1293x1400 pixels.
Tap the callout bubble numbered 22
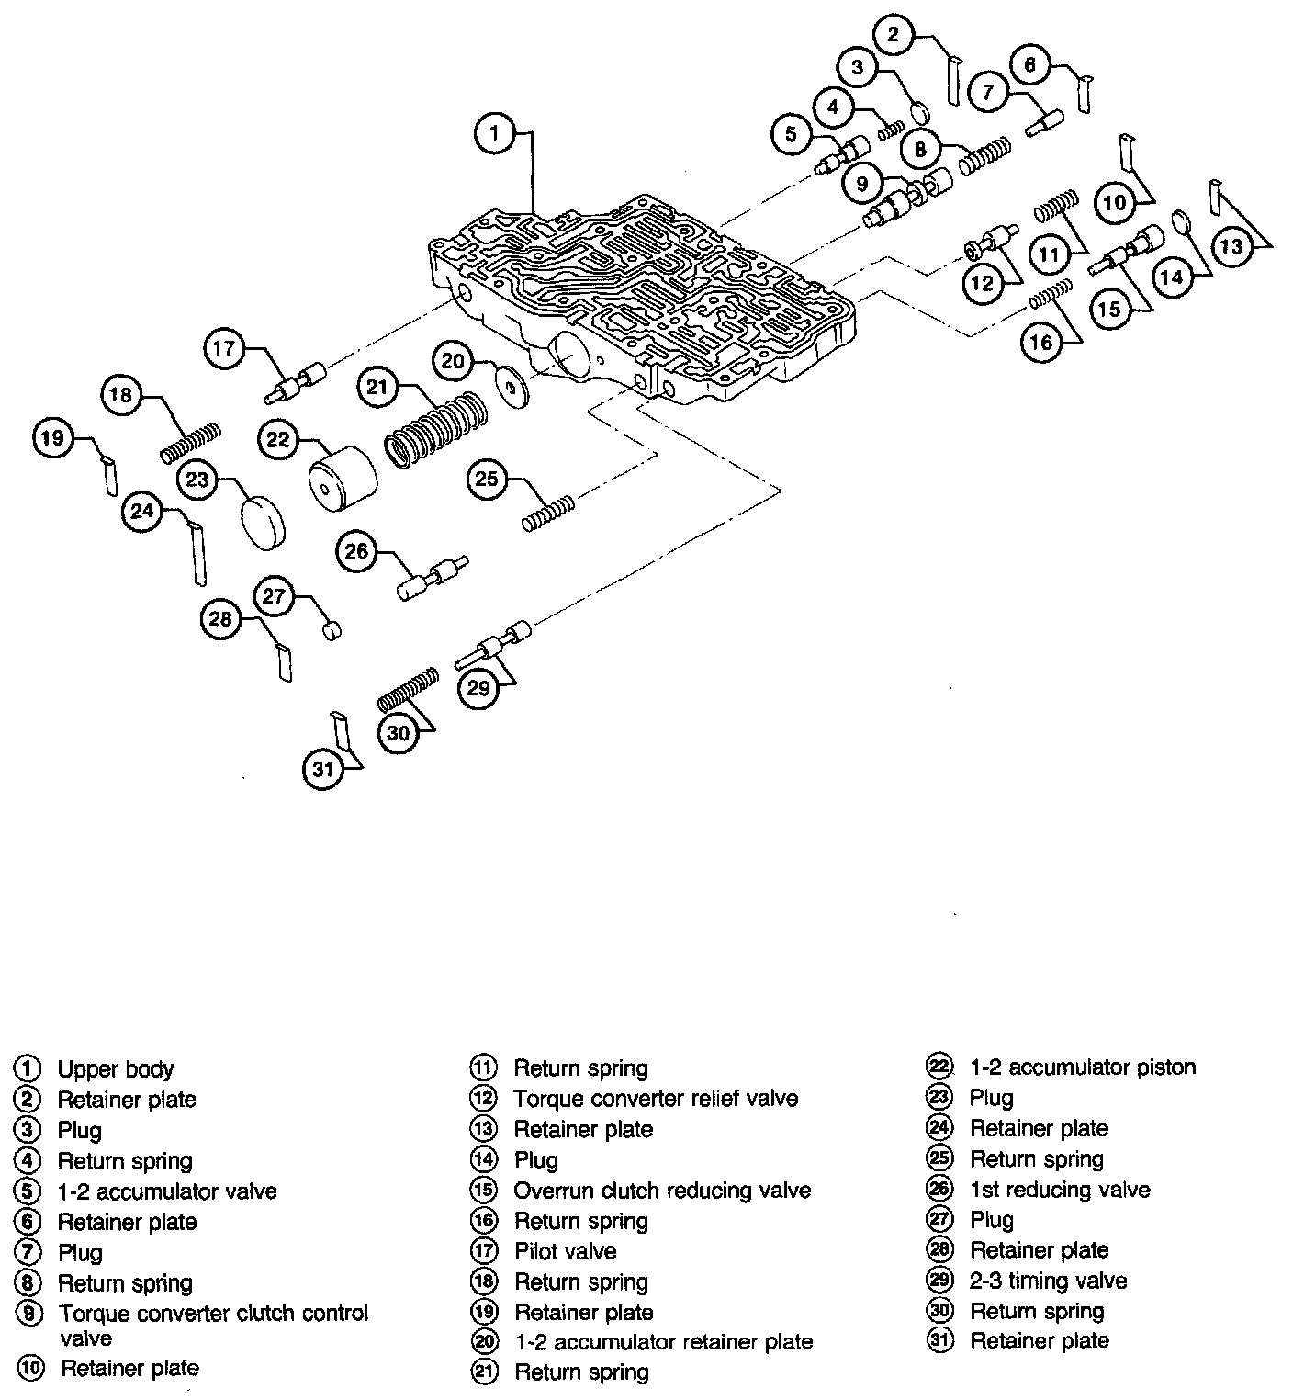pos(277,440)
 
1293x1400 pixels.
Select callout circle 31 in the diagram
pos(322,769)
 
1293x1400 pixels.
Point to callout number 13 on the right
pos(1231,246)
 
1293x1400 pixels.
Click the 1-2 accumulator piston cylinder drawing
pos(342,478)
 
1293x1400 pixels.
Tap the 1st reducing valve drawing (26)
pos(432,576)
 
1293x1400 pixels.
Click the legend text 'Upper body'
pos(116,1069)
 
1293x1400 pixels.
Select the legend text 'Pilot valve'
pos(565,1251)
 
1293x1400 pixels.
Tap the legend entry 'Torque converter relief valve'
pos(656,1099)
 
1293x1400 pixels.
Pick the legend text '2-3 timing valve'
pos(1048,1281)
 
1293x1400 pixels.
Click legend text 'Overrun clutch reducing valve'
pos(662,1191)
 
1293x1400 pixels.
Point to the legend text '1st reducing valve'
pos(1060,1190)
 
